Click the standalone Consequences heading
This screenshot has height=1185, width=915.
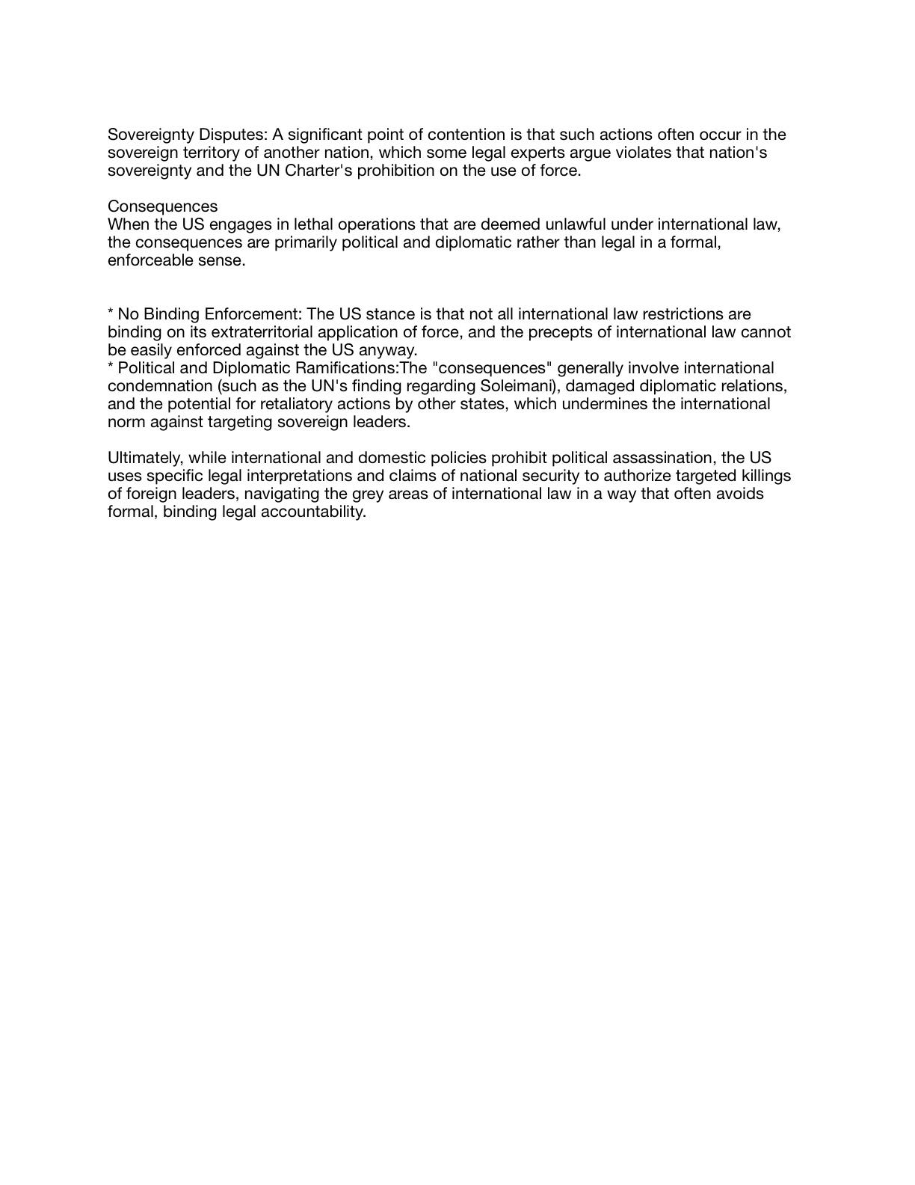(163, 207)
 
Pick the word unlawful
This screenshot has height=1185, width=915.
(571, 225)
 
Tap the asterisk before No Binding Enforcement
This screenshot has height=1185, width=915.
(111, 313)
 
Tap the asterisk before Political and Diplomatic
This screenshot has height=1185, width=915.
(111, 367)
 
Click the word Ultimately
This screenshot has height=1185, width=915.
(144, 459)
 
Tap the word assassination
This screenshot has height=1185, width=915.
(656, 459)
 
